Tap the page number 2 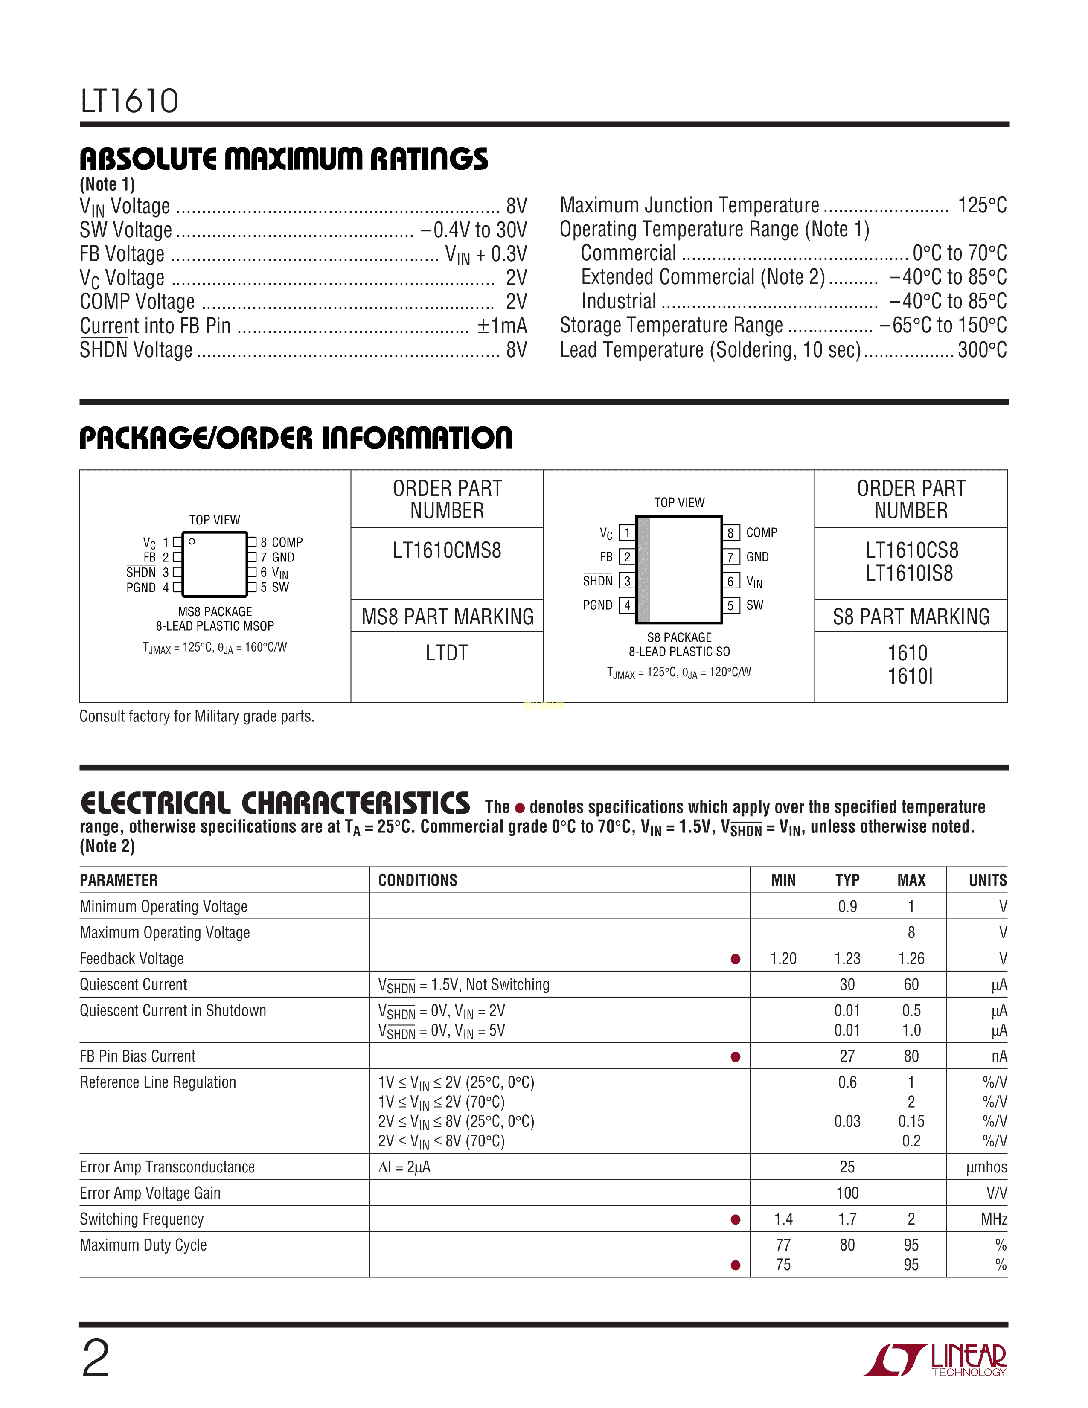click(x=96, y=1359)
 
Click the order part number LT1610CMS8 click(x=447, y=550)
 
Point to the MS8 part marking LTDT click(x=447, y=653)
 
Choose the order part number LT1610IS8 click(x=910, y=573)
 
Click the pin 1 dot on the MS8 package click(x=192, y=541)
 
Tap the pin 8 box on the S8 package click(x=730, y=532)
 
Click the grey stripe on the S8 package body click(x=643, y=569)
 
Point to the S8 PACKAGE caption click(x=679, y=637)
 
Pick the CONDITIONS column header click(x=418, y=880)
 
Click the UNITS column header click(x=987, y=880)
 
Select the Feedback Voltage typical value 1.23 click(x=847, y=959)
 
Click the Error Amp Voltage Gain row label click(x=150, y=1193)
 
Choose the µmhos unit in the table click(x=986, y=1167)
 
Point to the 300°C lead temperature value click(x=982, y=350)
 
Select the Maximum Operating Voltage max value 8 click(x=911, y=933)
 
